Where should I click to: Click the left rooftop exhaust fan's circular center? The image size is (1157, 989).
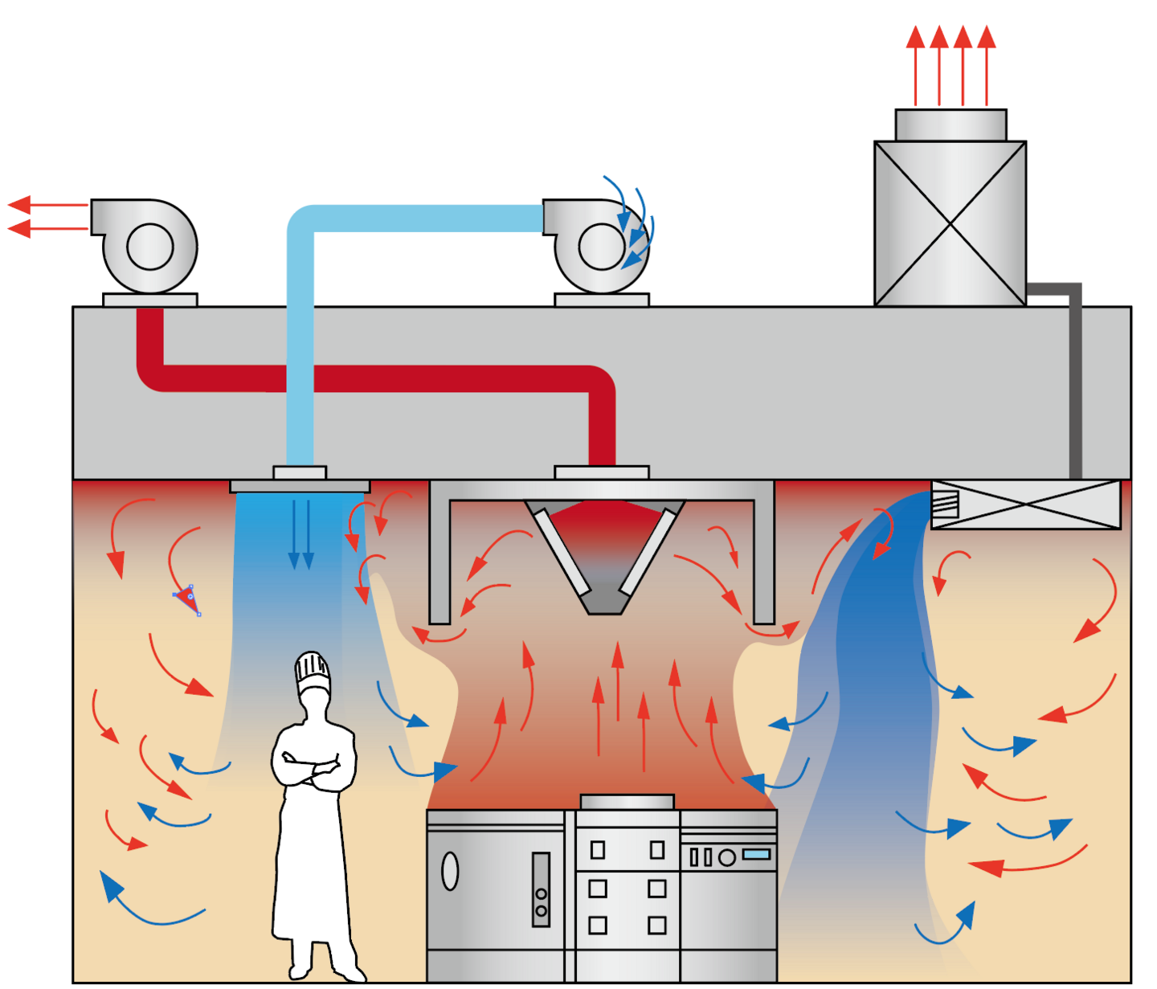[150, 247]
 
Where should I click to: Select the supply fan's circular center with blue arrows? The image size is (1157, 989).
[602, 247]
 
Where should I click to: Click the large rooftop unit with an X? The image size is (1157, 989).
[950, 223]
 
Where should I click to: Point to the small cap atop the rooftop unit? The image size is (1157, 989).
[951, 125]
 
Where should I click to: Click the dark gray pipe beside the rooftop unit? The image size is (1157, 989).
[1074, 378]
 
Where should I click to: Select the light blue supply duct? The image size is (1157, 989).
[299, 337]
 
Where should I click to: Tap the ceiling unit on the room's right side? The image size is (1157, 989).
[1025, 505]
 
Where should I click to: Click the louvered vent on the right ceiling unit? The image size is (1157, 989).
[946, 504]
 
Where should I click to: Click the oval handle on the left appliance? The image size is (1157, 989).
[450, 871]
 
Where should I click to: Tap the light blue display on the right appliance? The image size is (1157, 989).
[757, 854]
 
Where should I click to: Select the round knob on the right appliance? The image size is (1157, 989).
[727, 857]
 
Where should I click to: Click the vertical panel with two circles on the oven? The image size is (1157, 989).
[541, 889]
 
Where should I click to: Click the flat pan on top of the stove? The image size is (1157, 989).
[627, 802]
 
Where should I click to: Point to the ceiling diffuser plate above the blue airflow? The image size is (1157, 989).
[300, 486]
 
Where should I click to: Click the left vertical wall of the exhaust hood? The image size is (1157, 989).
[439, 554]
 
